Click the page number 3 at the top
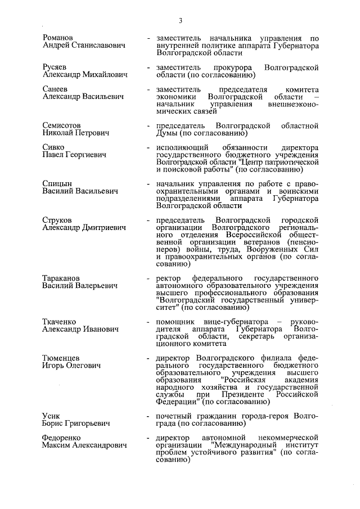[181, 21]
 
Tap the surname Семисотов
[62, 124]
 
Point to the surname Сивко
[55, 148]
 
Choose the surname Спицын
[57, 183]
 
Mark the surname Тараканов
[61, 278]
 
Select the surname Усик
[52, 416]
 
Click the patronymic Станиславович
[100, 45]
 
